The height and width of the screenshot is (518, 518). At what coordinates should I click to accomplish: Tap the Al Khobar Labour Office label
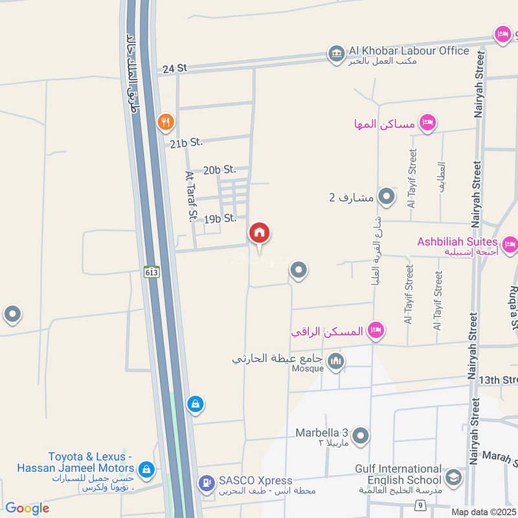pos(408,51)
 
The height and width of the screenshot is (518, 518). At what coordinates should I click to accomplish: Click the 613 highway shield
pos(152,273)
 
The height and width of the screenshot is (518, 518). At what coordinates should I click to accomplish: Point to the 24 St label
pos(174,67)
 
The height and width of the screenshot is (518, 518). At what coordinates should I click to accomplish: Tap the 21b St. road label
pos(186,142)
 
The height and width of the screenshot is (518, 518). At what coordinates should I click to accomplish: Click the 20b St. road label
pos(219,170)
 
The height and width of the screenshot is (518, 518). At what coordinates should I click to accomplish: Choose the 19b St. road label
pos(220,219)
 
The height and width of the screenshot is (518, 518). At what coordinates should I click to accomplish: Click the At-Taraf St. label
pos(191,197)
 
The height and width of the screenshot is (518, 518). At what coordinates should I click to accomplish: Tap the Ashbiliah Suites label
pos(457,242)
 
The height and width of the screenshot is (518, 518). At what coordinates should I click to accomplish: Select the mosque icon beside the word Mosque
pos(335,361)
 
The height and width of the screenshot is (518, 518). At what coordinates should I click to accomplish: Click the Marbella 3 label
pos(322,433)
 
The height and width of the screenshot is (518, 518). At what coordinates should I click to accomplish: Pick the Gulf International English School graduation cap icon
pos(453,478)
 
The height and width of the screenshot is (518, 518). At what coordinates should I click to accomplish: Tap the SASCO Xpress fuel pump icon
pos(206,482)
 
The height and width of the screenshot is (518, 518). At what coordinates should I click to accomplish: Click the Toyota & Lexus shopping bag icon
pos(146,468)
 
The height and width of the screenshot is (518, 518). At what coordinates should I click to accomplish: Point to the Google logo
pos(27,508)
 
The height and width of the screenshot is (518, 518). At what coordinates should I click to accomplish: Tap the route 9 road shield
pos(420,504)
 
